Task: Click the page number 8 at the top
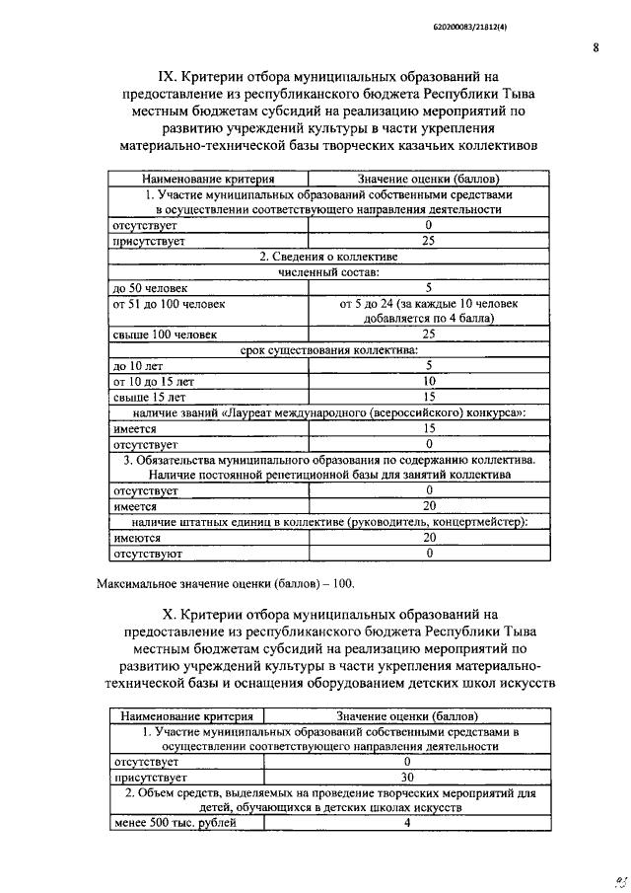[596, 46]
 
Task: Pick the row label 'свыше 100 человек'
[163, 335]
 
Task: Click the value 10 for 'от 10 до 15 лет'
[429, 381]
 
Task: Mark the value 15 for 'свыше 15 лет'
[429, 397]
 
